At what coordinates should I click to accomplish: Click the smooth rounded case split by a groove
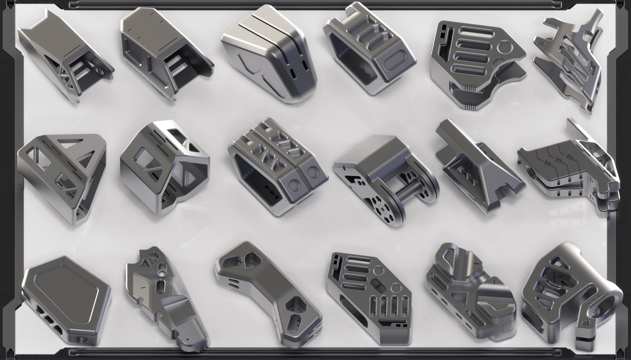pos(269,53)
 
